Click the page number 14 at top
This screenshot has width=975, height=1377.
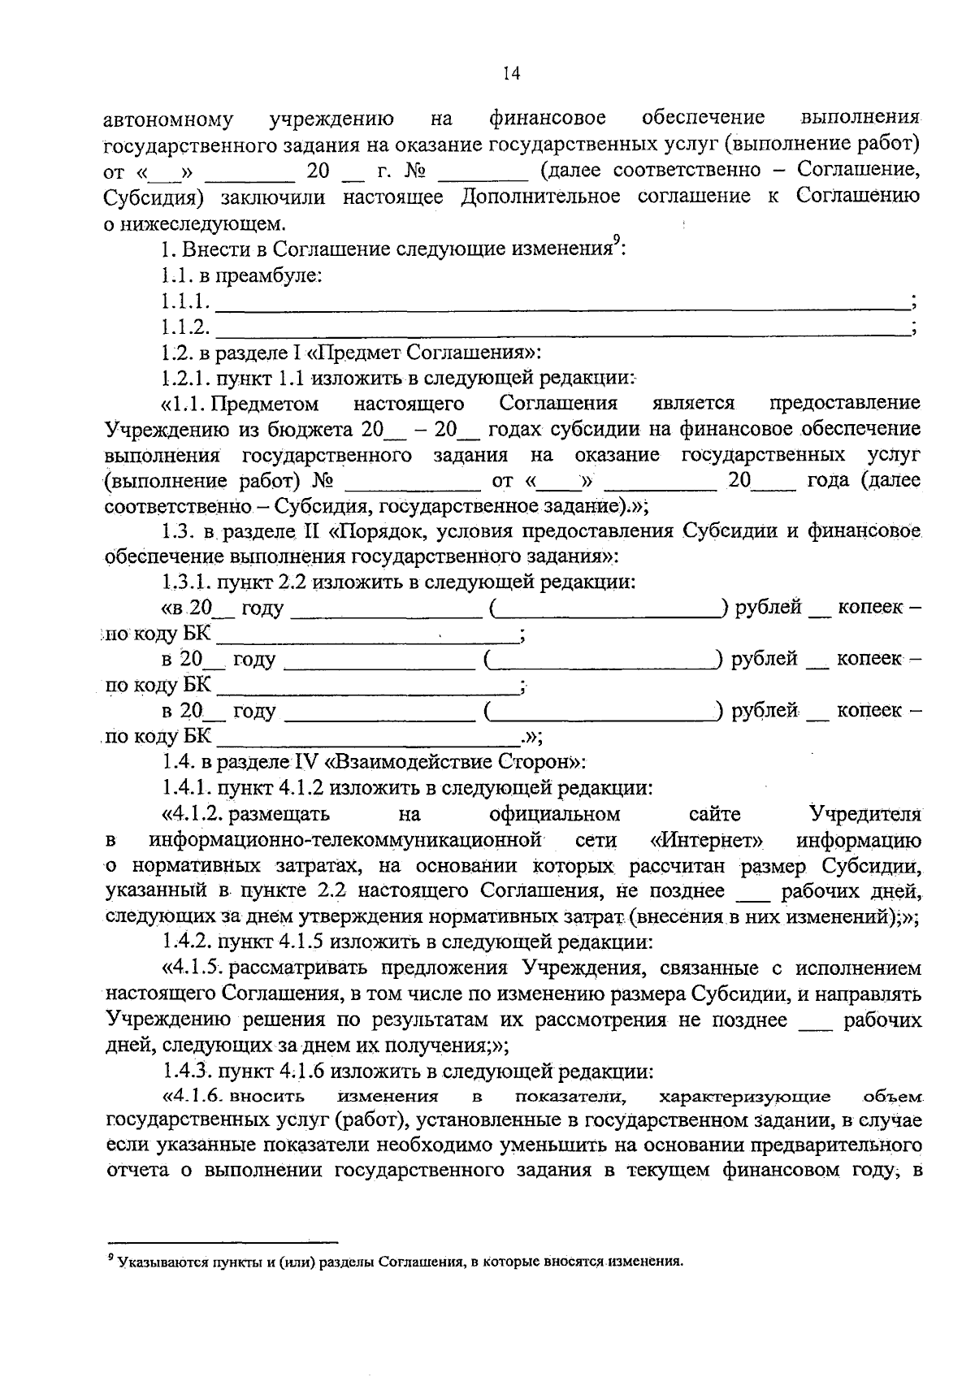(511, 74)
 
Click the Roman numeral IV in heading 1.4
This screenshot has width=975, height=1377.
(304, 762)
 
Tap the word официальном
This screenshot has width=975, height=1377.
(555, 813)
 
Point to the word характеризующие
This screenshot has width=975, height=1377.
(744, 1097)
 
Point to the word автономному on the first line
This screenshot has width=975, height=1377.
(169, 120)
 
